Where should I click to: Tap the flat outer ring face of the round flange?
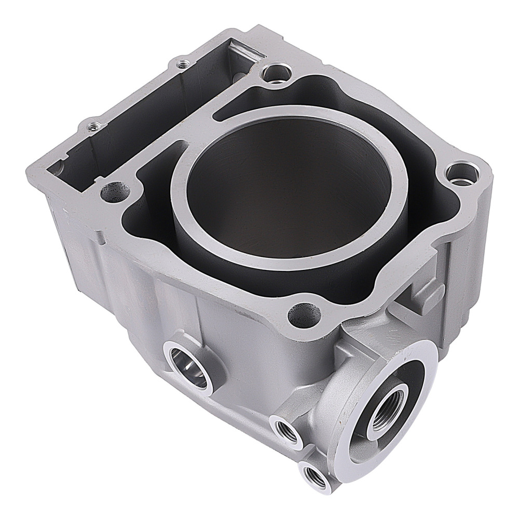pos(420,358)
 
